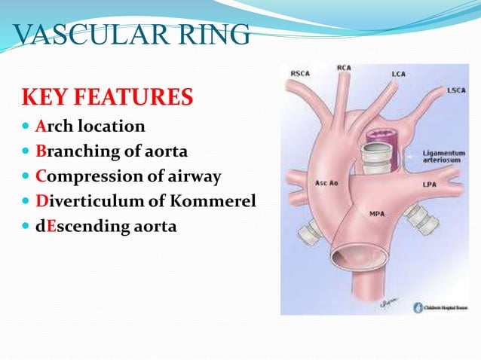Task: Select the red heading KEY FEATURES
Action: click(x=107, y=98)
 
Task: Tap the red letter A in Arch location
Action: click(x=40, y=126)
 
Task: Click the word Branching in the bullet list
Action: click(x=72, y=151)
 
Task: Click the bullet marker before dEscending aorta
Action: click(x=26, y=226)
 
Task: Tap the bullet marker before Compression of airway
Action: click(x=26, y=176)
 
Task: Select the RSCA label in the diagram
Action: click(x=300, y=73)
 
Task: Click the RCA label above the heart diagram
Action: click(x=344, y=68)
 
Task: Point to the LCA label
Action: click(x=398, y=75)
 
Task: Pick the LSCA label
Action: click(x=455, y=90)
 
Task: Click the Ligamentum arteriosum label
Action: click(x=444, y=156)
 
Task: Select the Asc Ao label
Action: click(x=326, y=183)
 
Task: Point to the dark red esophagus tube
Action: click(x=377, y=136)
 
